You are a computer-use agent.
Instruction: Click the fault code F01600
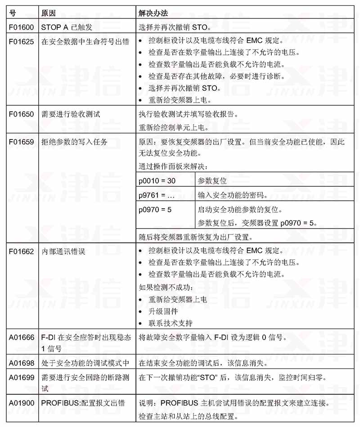[22, 27]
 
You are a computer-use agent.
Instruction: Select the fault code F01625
[22, 42]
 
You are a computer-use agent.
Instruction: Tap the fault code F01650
[22, 114]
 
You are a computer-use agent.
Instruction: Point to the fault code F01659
[22, 142]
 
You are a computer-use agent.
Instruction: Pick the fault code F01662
[22, 252]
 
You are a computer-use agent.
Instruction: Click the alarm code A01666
[22, 337]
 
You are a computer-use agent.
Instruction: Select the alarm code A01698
[22, 363]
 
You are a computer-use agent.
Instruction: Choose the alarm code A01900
[22, 403]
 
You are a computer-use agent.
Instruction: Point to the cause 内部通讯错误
[63, 252]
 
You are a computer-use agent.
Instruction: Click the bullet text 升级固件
[163, 311]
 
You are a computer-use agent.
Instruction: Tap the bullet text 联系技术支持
[171, 323]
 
